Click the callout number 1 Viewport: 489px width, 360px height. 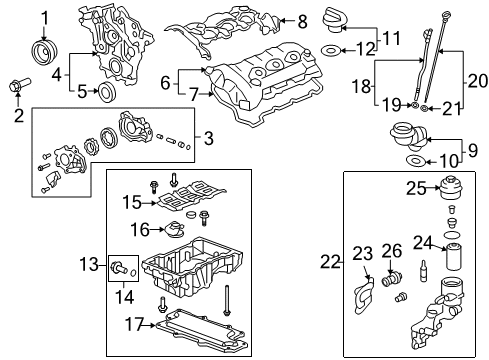pos(45,16)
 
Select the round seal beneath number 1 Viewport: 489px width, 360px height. pos(46,51)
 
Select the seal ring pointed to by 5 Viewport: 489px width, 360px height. pos(103,93)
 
